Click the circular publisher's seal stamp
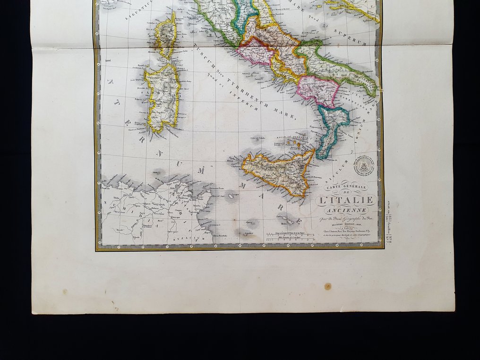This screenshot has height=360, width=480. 364,165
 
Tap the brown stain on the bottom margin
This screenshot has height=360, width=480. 327,286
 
